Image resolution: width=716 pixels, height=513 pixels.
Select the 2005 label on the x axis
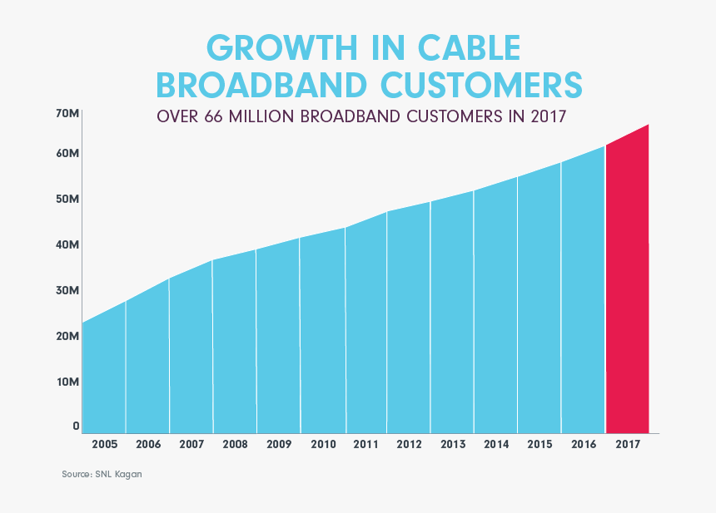click(104, 445)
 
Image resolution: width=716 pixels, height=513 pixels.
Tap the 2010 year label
click(322, 445)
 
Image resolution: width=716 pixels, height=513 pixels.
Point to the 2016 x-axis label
click(584, 445)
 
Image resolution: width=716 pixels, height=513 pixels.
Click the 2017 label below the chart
click(627, 445)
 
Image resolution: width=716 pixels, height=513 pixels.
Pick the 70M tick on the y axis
click(67, 113)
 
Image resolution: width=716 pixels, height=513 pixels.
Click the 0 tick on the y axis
click(76, 426)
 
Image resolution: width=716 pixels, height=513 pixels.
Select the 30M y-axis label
click(67, 290)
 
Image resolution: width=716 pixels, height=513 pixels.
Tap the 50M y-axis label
click(67, 200)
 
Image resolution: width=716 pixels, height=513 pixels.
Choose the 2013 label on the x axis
click(453, 445)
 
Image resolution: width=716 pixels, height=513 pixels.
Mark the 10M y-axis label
click(67, 382)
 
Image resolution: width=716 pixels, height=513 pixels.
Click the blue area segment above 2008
click(235, 349)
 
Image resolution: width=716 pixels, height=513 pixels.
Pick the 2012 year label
click(409, 445)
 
